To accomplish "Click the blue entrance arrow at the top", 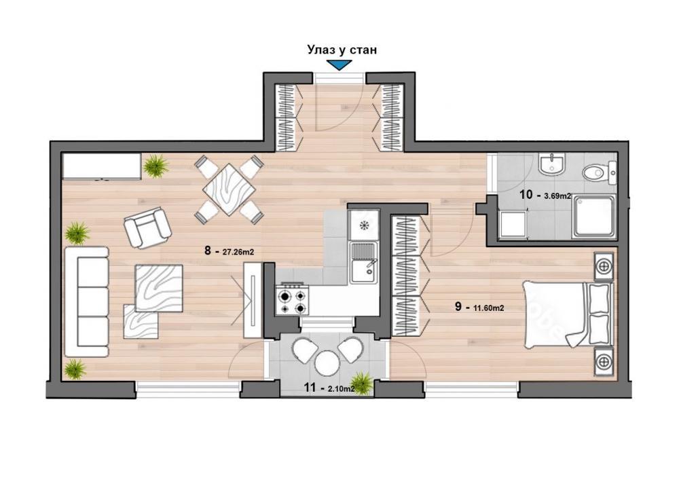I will (x=338, y=65).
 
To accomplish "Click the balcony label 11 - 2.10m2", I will (x=329, y=389).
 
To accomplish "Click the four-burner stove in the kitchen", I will (x=292, y=299).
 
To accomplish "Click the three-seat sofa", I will (x=86, y=301).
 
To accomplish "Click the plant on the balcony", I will (x=363, y=383).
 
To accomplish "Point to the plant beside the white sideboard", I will (x=156, y=165).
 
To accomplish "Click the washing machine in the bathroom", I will (x=512, y=224).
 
